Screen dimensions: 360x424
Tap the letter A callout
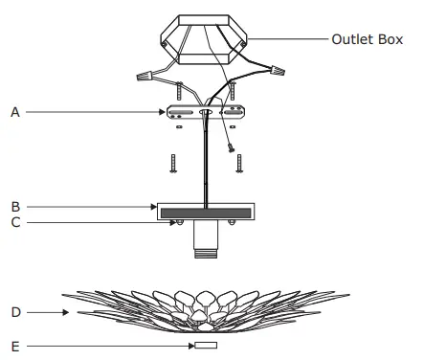15,112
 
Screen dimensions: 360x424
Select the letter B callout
15,205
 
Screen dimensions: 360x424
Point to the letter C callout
15,222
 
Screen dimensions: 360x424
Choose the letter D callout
15,311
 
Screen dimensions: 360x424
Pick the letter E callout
15,344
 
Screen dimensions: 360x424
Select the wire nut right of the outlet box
279,69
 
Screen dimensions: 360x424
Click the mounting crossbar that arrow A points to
204,113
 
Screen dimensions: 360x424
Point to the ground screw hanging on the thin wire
231,147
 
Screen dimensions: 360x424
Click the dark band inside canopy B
205,212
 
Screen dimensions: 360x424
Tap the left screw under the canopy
177,224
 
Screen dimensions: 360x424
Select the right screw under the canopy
233,224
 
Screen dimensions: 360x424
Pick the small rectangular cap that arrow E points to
206,344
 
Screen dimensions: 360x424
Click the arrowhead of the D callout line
66,311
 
